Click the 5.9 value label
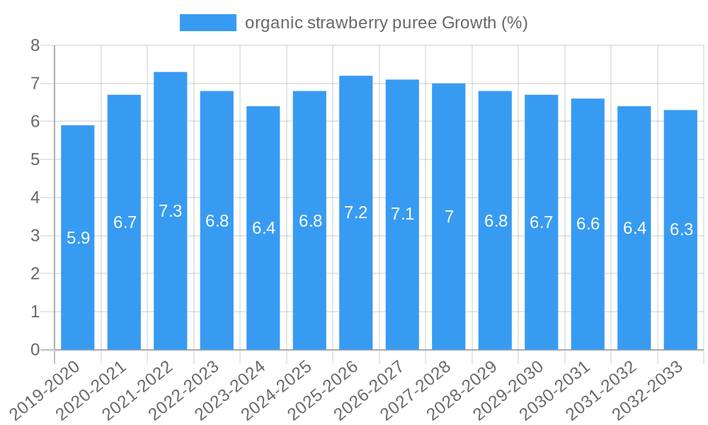pos(78,238)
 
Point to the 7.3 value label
pos(171,211)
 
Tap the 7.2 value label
pos(356,212)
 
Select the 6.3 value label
pos(681,229)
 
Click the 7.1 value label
pos(402,215)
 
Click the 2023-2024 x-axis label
pos(232,390)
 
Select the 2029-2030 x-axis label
pos(510,390)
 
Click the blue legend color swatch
pos(207,23)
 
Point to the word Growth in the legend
pos(469,23)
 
